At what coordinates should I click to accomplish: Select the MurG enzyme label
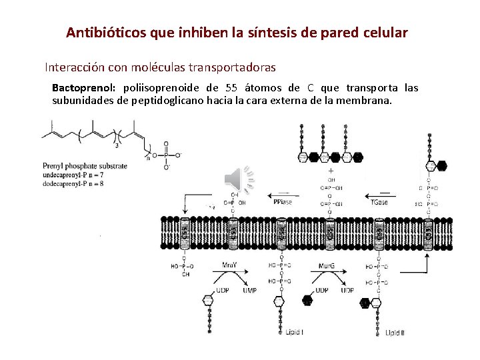(326, 265)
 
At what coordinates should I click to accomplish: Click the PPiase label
(281, 201)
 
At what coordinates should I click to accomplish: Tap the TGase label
(379, 201)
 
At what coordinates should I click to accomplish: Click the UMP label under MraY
(249, 291)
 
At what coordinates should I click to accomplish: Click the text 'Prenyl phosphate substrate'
(85, 165)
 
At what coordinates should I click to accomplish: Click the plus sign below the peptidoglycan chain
(331, 171)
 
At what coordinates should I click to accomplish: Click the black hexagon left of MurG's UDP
(307, 300)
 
